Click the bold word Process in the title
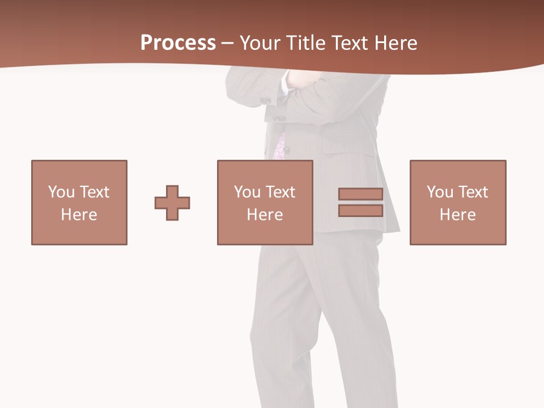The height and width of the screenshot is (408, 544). tap(178, 43)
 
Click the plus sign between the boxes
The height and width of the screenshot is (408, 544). tap(172, 203)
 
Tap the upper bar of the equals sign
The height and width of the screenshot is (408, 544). tap(360, 194)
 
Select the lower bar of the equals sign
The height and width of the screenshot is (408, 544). tap(360, 211)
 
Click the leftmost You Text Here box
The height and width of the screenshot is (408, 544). tap(79, 202)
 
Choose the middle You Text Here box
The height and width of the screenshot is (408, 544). tap(265, 202)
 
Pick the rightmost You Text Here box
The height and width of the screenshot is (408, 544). tap(458, 202)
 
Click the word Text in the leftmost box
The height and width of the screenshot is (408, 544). tap(94, 192)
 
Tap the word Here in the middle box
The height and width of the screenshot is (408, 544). tap(265, 215)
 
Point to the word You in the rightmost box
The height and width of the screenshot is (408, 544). tap(440, 192)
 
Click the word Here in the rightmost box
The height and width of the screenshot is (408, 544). tap(458, 215)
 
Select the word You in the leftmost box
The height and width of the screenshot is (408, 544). tap(61, 192)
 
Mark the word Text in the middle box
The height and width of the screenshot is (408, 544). tap(280, 192)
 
